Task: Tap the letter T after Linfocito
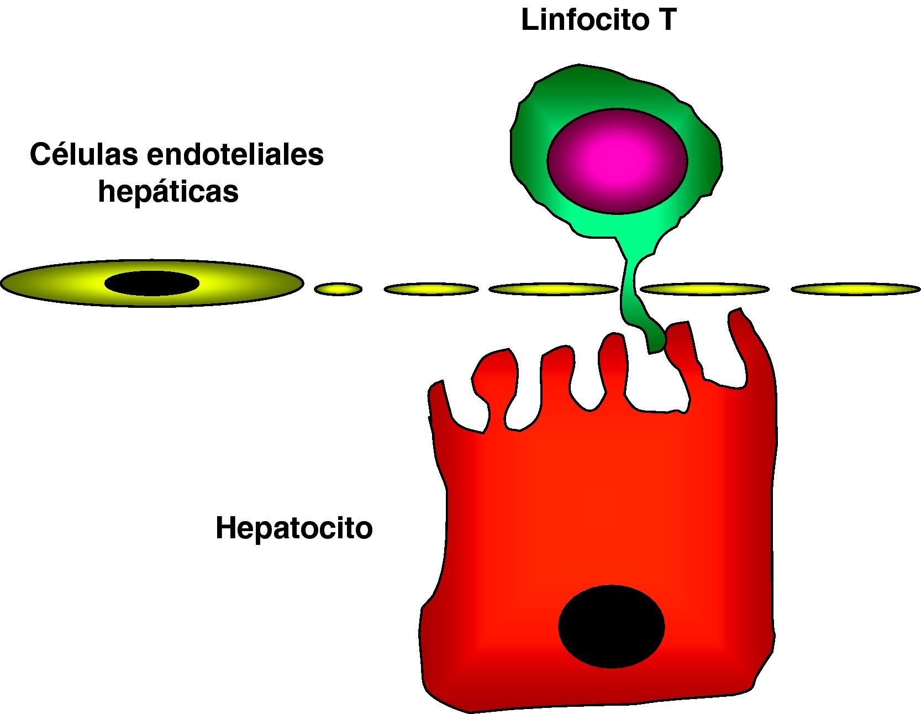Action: click(x=667, y=20)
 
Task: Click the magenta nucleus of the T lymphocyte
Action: click(x=617, y=160)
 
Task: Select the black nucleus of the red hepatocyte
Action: click(x=611, y=626)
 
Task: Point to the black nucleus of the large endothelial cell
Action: click(x=152, y=283)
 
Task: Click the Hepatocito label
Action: click(x=294, y=528)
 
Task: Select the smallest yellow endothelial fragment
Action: click(x=338, y=288)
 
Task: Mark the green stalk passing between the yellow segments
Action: click(x=630, y=287)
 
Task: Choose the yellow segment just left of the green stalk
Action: click(x=553, y=288)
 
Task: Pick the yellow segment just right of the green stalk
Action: click(x=704, y=288)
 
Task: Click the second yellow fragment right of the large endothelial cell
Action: click(x=431, y=288)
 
